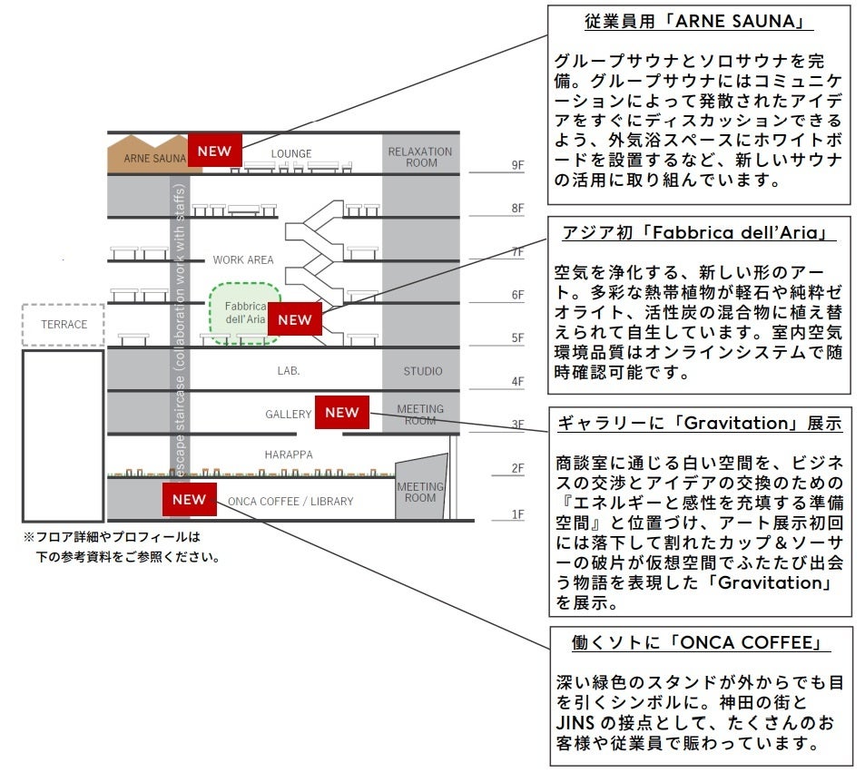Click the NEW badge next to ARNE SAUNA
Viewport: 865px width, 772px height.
215,151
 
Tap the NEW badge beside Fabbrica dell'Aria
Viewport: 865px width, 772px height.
295,319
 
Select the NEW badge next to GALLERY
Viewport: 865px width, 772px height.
342,412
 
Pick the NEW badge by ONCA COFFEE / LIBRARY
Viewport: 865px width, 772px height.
190,499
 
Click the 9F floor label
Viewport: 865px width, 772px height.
518,165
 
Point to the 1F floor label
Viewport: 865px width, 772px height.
518,514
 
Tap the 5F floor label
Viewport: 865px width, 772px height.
518,338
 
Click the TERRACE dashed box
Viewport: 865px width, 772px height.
64,324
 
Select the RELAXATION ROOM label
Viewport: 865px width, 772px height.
419,157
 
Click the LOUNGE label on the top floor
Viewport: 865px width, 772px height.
290,153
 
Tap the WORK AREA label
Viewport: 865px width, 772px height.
243,259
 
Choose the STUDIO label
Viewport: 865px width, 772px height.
423,371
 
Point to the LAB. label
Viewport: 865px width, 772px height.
289,371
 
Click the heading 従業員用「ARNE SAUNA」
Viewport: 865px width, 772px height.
698,22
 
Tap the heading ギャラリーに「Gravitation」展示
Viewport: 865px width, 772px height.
699,424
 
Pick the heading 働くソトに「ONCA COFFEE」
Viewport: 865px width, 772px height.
699,642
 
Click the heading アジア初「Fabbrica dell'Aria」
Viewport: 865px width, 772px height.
698,233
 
